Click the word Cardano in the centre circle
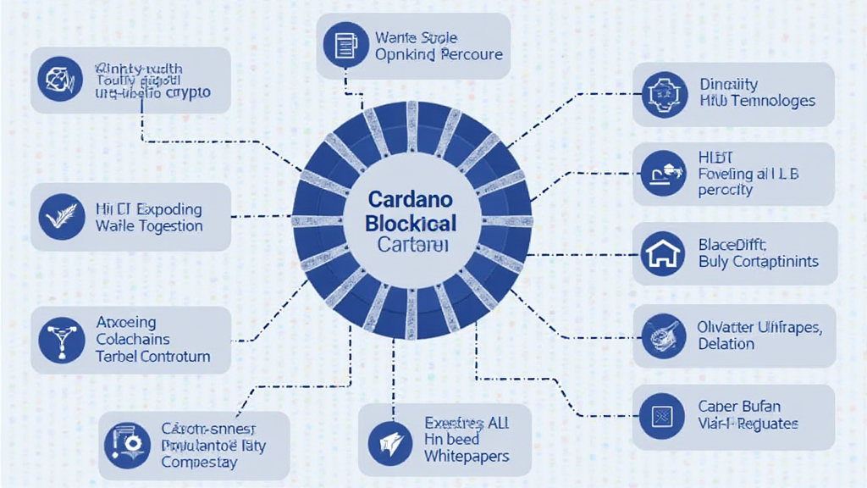click(x=411, y=200)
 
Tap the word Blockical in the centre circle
click(x=411, y=224)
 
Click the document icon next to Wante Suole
click(x=345, y=46)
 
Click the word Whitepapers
click(x=467, y=457)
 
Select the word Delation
click(x=726, y=344)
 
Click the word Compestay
click(x=199, y=463)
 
